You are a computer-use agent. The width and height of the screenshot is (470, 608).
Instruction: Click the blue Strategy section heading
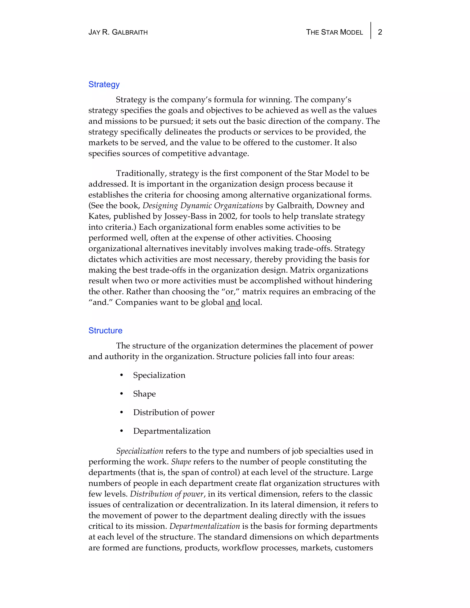pos(104,84)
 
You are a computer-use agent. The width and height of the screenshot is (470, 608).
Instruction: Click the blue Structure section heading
pos(105,330)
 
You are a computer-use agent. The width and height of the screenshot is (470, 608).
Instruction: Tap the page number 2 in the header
pos(380,32)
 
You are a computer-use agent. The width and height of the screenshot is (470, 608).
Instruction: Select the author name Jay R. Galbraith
pos(118,32)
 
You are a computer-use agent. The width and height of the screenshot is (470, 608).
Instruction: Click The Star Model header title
pos(334,32)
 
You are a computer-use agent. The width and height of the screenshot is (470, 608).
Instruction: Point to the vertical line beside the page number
pos(371,31)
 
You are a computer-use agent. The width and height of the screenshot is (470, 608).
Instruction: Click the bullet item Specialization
pos(159,375)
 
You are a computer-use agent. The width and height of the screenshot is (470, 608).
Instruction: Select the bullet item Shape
pos(144,394)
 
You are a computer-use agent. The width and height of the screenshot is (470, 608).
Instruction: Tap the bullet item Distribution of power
pos(174,413)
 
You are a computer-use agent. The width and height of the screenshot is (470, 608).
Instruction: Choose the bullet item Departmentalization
pos(172,431)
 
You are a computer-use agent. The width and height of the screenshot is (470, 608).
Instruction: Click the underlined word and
pos(233,302)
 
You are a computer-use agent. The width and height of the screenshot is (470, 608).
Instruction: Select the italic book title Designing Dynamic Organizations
pos(202,206)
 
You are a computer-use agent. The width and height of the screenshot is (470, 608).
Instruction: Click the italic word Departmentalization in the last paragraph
pos(205,526)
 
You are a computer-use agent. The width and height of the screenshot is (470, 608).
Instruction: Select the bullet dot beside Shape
pos(121,394)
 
